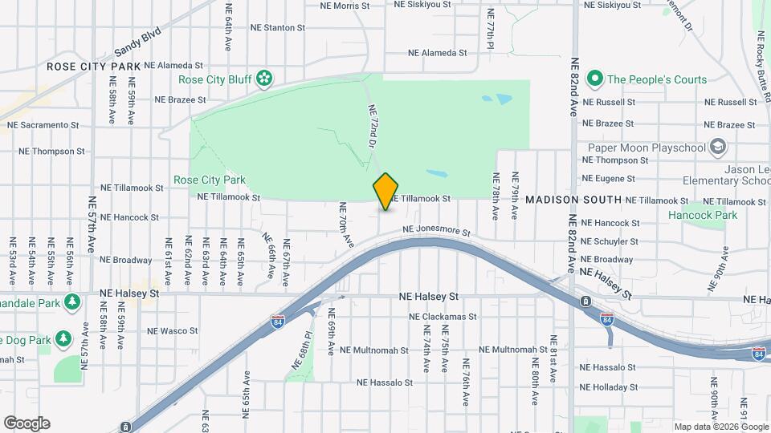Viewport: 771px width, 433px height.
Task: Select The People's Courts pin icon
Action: pyautogui.click(x=595, y=79)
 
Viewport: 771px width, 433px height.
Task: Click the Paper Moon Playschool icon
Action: pyautogui.click(x=718, y=148)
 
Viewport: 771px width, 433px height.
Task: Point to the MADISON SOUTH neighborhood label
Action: pyautogui.click(x=573, y=199)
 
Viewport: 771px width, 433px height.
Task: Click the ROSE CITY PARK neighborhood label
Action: pyautogui.click(x=93, y=66)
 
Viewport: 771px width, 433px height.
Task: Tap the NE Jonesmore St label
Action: pyautogui.click(x=436, y=230)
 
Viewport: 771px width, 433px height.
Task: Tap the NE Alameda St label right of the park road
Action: pyautogui.click(x=438, y=53)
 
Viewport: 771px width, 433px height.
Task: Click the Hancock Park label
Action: pyautogui.click(x=703, y=215)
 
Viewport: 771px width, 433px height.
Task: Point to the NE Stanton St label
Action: pyautogui.click(x=274, y=27)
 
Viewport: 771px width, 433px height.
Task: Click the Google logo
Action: pyautogui.click(x=27, y=423)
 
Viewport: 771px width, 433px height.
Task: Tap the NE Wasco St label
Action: pyautogui.click(x=173, y=330)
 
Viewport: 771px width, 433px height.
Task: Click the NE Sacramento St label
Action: pyautogui.click(x=43, y=125)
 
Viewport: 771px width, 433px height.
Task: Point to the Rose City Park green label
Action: pyautogui.click(x=210, y=180)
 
